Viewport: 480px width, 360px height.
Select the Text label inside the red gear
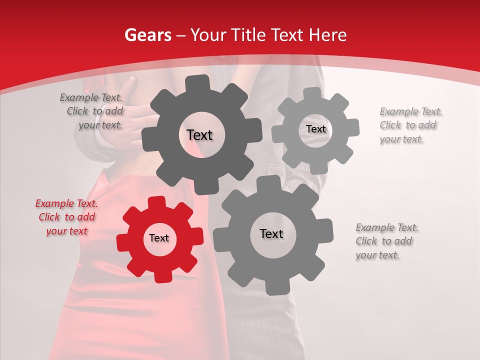point(159,238)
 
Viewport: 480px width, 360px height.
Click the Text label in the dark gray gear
point(199,135)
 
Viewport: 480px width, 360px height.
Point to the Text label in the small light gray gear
point(315,129)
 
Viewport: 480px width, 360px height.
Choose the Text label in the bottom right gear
point(271,234)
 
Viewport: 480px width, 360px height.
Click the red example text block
point(67,217)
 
